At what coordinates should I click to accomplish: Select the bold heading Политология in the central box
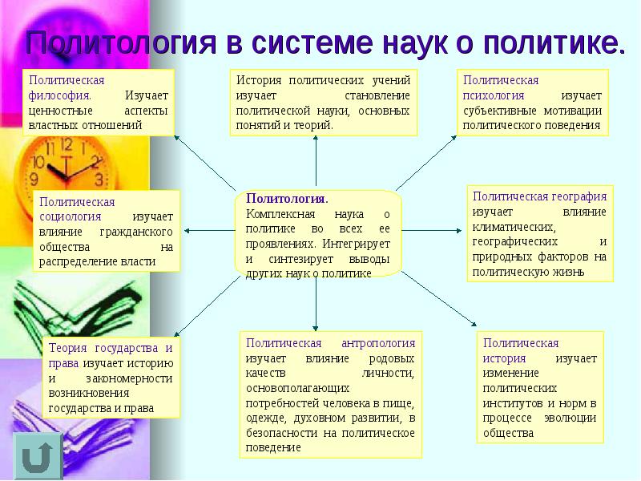(x=287, y=198)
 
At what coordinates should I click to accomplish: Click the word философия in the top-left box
(x=55, y=95)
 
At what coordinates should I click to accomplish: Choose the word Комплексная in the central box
(x=280, y=214)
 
